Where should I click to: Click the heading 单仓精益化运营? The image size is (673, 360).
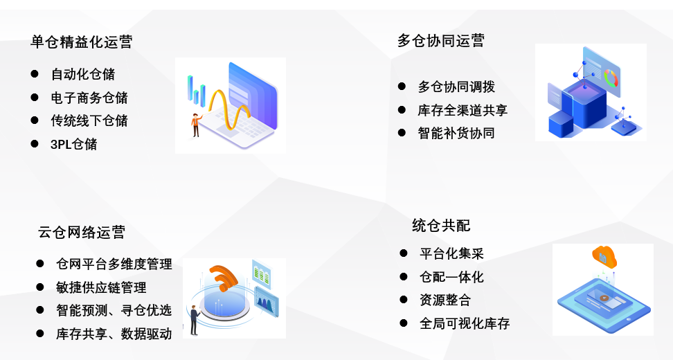(82, 42)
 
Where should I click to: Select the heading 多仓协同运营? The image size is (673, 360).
(441, 41)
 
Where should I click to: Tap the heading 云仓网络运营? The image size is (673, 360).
(82, 233)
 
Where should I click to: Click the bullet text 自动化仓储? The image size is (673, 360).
(83, 74)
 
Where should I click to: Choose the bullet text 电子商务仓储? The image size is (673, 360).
(89, 98)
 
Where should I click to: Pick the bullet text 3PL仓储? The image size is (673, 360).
(74, 144)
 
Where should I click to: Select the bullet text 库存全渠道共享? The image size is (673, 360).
(463, 110)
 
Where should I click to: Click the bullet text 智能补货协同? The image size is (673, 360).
(456, 133)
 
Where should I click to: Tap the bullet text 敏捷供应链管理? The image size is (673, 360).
(101, 287)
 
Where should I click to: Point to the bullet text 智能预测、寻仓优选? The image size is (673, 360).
(114, 310)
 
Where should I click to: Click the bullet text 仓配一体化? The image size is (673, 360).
(451, 277)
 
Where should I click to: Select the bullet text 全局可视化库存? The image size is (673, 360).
(465, 323)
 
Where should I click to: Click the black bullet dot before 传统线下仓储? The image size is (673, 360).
(35, 120)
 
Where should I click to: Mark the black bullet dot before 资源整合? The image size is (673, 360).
(404, 300)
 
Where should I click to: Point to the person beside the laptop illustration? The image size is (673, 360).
(196, 125)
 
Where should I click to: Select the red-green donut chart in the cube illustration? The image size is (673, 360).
(611, 78)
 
